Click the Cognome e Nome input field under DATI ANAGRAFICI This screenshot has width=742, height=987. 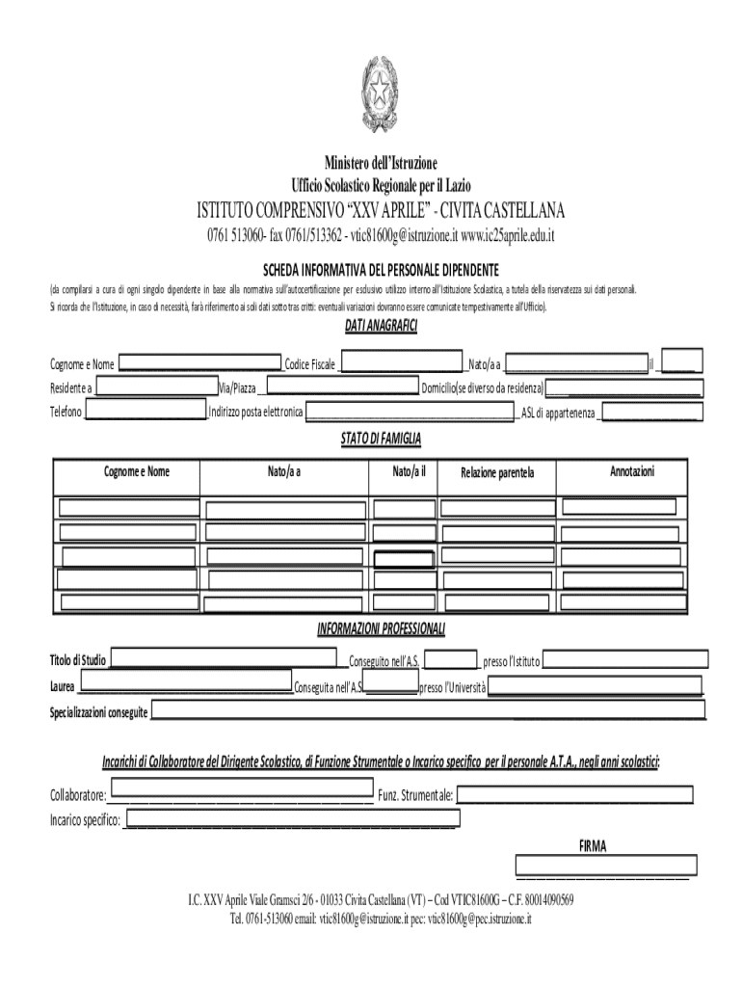click(199, 363)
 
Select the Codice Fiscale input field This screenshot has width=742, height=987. click(401, 363)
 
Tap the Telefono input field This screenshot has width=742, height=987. click(146, 413)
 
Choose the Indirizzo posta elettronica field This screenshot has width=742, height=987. click(410, 413)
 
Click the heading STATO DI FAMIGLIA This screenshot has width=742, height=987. click(380, 439)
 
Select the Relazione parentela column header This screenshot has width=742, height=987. click(496, 473)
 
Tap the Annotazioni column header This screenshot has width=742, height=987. click(632, 471)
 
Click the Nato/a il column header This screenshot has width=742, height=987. click(403, 471)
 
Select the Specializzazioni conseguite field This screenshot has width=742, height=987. click(428, 711)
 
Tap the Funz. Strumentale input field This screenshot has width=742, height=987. click(574, 795)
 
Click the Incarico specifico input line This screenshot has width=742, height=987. click(292, 819)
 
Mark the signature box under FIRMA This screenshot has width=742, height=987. click(605, 865)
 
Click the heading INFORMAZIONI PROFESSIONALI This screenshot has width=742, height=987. click(381, 630)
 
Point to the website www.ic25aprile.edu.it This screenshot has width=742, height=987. click(508, 236)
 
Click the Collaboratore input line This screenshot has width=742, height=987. click(240, 795)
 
